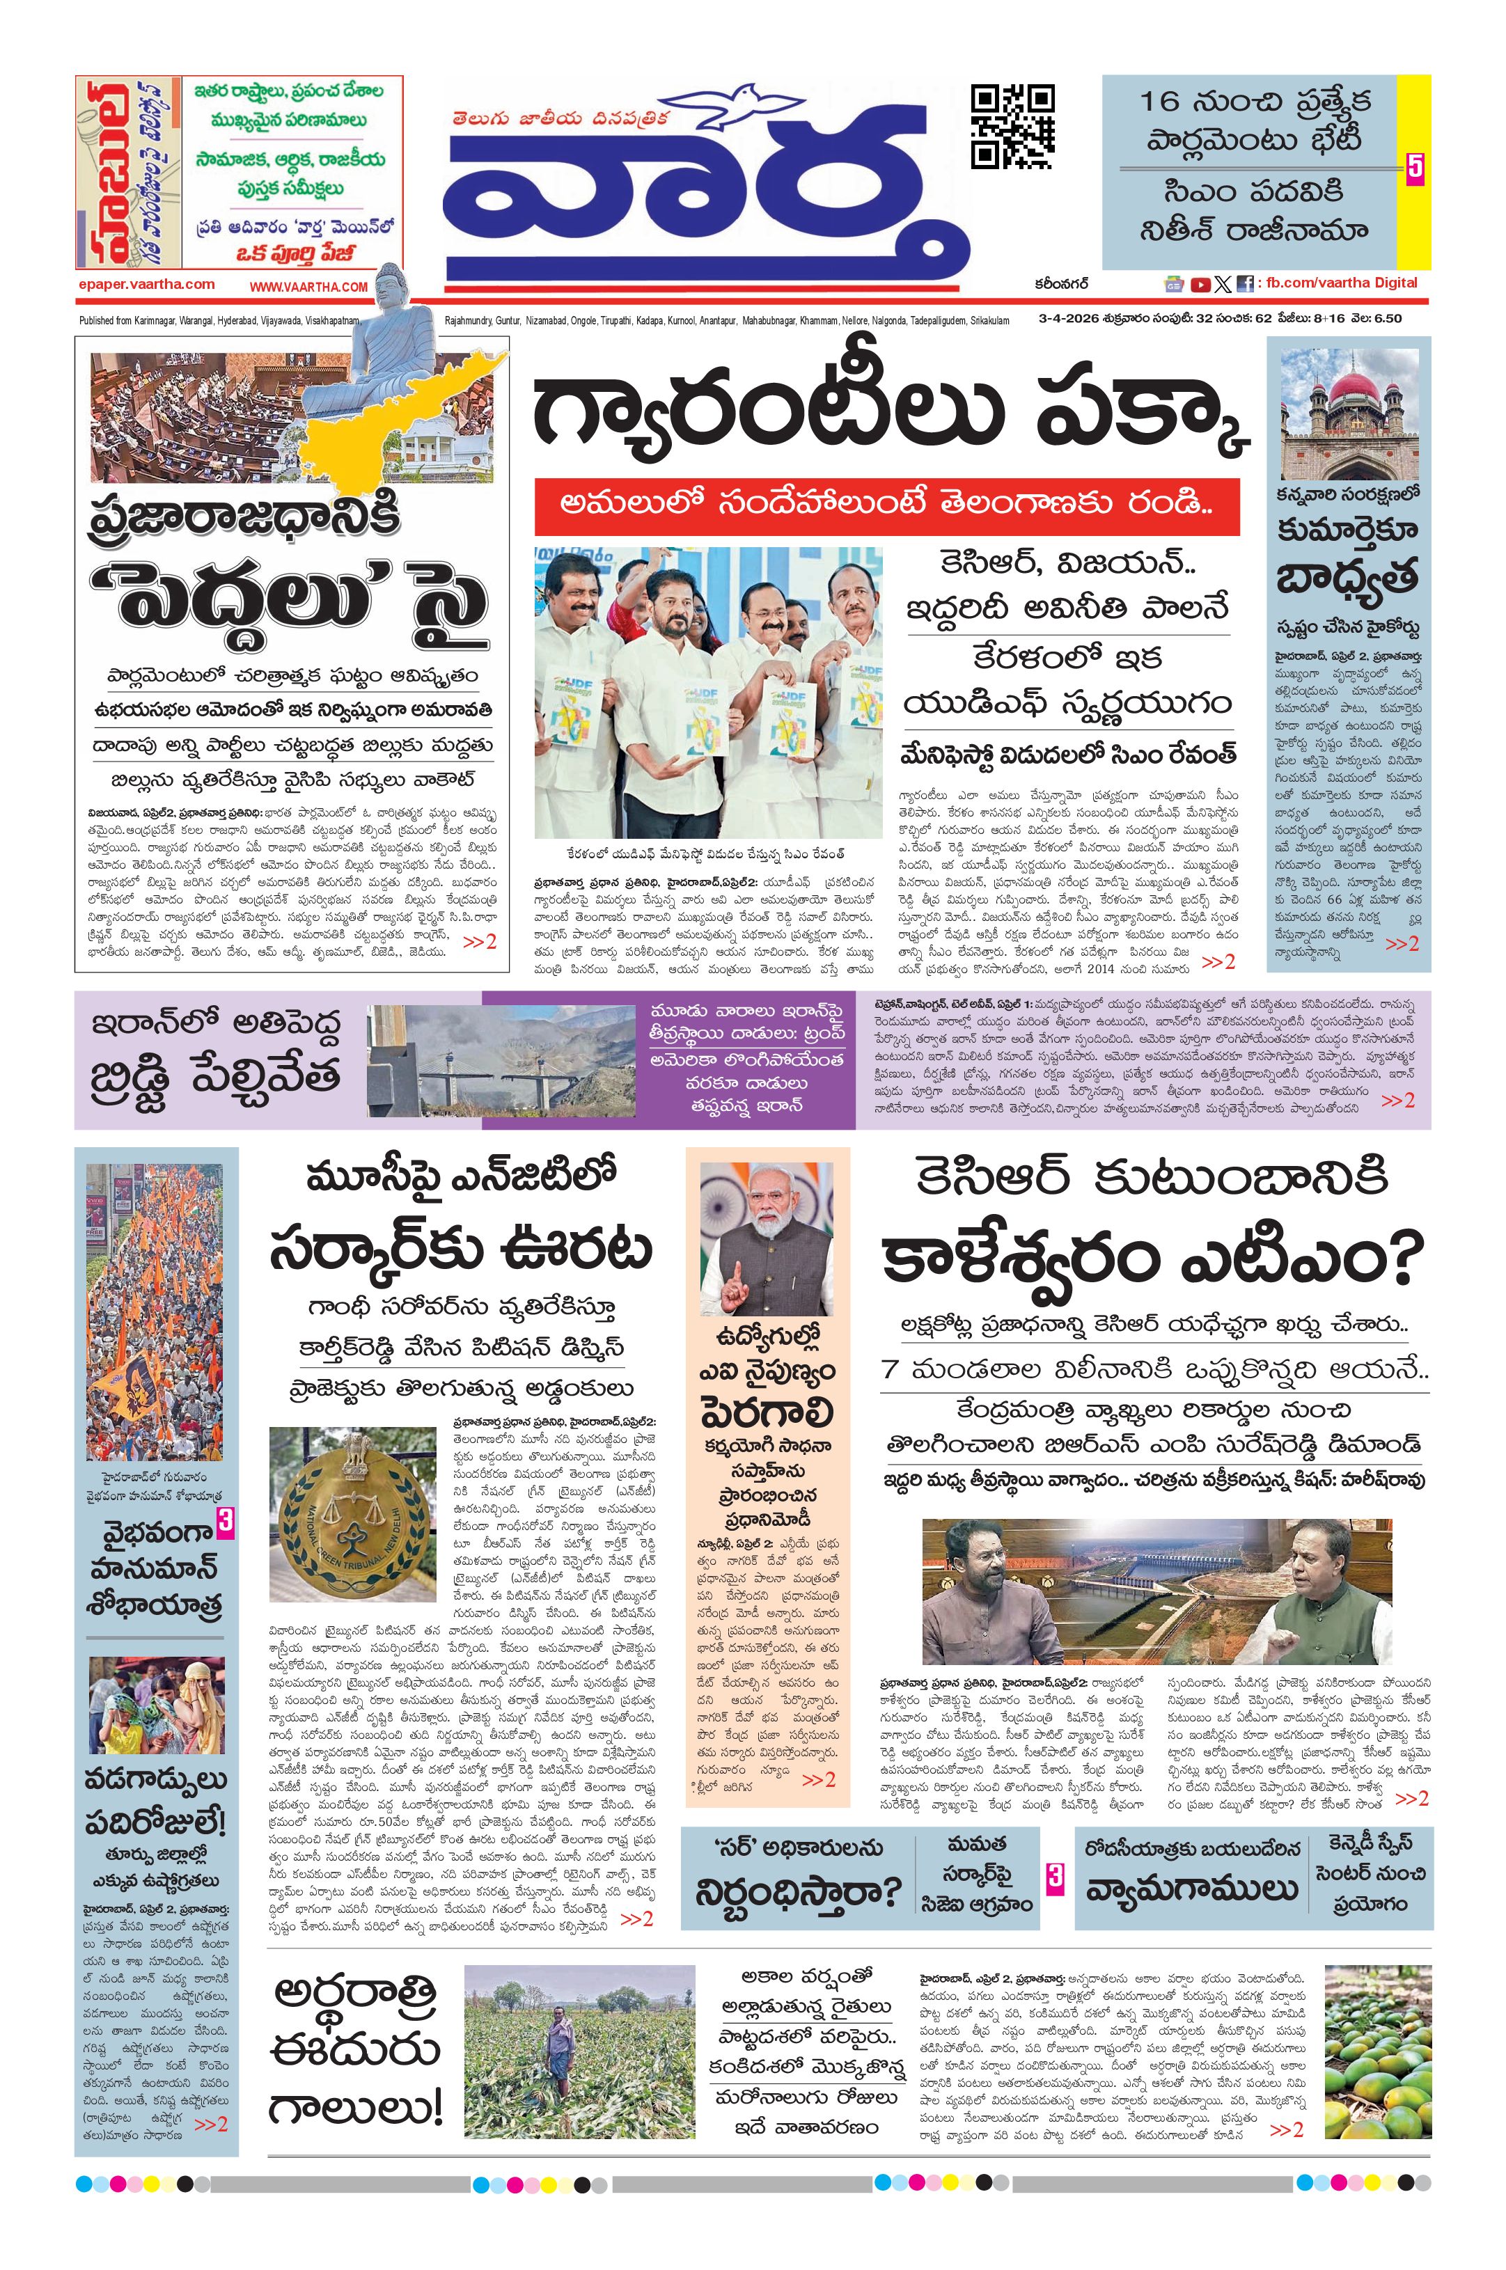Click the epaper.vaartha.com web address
tap(147, 284)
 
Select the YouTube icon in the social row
tap(1200, 284)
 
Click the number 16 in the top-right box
tap(1164, 102)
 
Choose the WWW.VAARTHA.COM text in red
tap(308, 286)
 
